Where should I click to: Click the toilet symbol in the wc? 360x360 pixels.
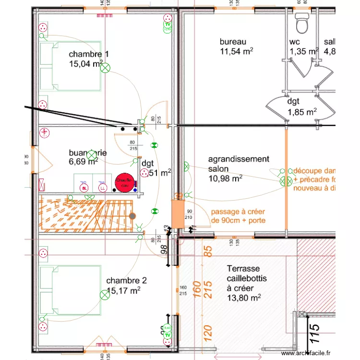tap(302, 22)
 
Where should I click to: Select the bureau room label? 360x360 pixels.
tap(233, 42)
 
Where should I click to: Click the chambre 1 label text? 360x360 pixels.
tap(89, 54)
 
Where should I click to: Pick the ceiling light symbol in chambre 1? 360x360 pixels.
tap(105, 69)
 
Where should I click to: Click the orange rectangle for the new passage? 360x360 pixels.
tap(178, 214)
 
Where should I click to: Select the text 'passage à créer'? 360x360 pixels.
tap(238, 212)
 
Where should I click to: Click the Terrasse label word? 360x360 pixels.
tap(243, 269)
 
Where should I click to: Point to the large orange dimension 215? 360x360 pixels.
tap(208, 290)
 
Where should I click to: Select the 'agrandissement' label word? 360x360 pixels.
tap(238, 159)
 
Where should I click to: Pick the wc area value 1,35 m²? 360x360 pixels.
tap(303, 51)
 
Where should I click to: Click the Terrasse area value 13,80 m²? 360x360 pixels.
tap(243, 298)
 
